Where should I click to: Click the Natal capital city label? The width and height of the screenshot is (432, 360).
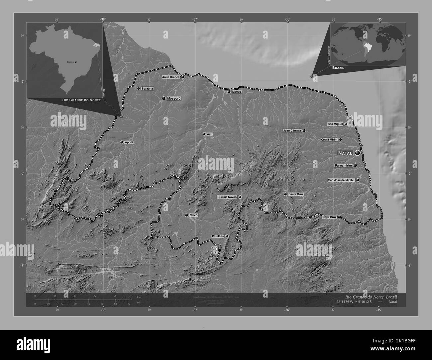coord(345,153)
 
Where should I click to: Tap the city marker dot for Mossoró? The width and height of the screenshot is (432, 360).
coord(163,98)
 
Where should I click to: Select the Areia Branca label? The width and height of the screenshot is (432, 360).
coord(171,77)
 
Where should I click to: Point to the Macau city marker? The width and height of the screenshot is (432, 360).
coord(229,92)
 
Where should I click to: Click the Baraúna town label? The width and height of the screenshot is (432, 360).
coord(147,89)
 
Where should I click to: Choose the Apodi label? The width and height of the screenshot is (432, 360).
coord(129,142)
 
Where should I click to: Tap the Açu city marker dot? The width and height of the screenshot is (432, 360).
coord(204,134)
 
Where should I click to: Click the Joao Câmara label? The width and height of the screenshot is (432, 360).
coord(292,131)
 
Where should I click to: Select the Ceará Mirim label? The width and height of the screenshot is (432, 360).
coord(329,140)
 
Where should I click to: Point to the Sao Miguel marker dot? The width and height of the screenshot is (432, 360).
coord(346,124)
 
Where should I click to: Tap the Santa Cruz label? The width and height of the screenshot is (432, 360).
coord(296,194)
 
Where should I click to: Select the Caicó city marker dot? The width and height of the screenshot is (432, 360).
coord(186,215)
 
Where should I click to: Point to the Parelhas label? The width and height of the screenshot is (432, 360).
coord(218,236)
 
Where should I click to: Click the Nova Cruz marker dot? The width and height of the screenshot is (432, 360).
coord(339,217)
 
